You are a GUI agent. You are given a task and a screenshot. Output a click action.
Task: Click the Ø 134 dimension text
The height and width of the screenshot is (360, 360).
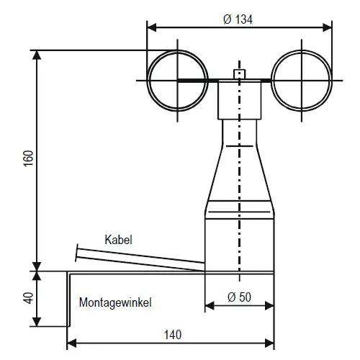pyautogui.click(x=238, y=19)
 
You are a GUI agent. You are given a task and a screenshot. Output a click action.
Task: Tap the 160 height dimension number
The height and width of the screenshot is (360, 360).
pyautogui.click(x=29, y=158)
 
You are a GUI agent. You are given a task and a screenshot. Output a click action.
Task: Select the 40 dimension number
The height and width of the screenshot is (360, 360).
pyautogui.click(x=29, y=298)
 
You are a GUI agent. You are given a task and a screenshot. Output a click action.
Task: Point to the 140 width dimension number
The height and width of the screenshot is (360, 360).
pyautogui.click(x=173, y=335)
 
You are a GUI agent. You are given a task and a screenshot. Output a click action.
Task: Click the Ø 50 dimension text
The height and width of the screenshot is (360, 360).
pyautogui.click(x=239, y=297)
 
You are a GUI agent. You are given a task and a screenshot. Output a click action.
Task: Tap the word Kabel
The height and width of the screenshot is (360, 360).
pyautogui.click(x=118, y=240)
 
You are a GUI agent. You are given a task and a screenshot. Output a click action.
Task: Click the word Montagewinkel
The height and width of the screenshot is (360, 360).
pyautogui.click(x=115, y=302)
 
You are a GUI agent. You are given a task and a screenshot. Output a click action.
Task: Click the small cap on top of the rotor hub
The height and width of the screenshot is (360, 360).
pyautogui.click(x=240, y=74)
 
